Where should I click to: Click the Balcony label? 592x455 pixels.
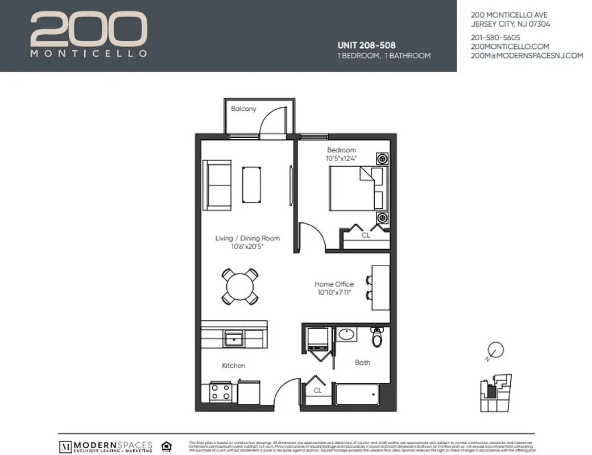tap(243, 109)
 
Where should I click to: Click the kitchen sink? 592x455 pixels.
tap(234, 338)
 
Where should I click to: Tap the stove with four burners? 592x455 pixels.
tap(220, 391)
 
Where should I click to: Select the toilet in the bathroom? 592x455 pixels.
tap(377, 337)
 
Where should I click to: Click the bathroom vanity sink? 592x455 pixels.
tap(346, 334)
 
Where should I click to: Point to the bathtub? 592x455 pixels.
tap(357, 394)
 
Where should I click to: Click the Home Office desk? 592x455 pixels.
tap(380, 287)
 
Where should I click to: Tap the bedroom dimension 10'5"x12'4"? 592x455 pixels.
tap(341, 158)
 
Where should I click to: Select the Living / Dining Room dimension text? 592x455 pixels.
tap(247, 246)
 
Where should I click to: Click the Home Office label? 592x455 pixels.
tap(334, 284)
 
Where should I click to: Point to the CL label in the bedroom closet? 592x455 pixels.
tap(366, 234)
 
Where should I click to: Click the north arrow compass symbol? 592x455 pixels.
tap(495, 350)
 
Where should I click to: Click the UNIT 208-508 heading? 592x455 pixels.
tap(366, 45)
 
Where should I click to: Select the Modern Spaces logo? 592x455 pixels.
tap(106, 445)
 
